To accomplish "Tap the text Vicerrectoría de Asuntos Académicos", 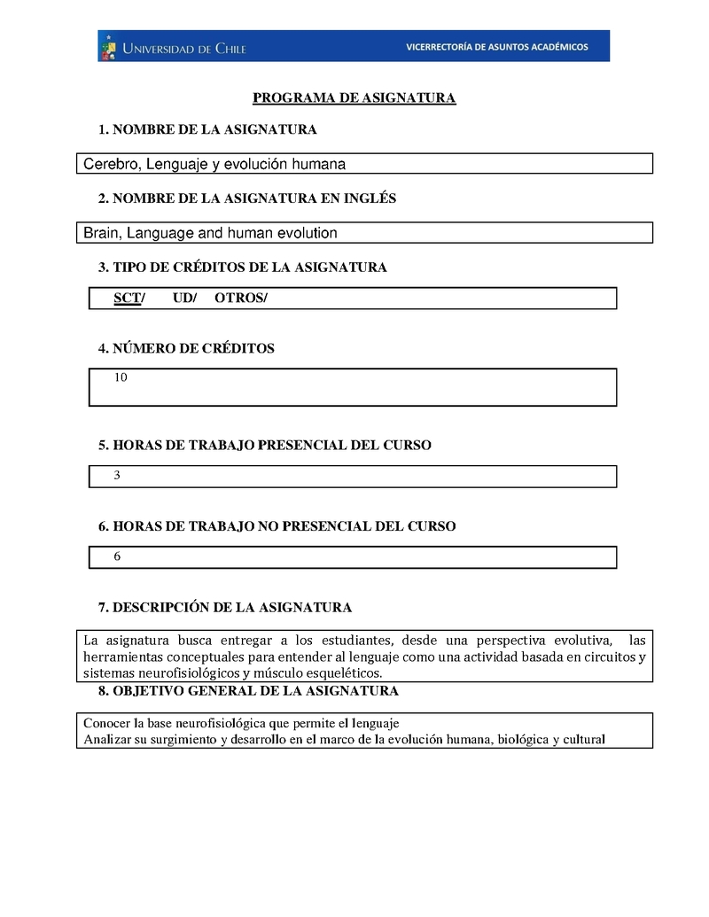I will (x=496, y=47).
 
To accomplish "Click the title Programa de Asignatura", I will (x=354, y=97).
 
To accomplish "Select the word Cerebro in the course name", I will (x=111, y=164).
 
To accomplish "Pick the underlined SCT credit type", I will (x=128, y=299).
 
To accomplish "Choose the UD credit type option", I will (x=184, y=299).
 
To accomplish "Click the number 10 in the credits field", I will (x=121, y=377).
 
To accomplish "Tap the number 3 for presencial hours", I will (x=117, y=476).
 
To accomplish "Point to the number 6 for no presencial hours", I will (x=117, y=556).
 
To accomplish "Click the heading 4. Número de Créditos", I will (x=186, y=348).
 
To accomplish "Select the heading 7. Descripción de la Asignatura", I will (x=225, y=607).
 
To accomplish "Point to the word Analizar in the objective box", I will (x=107, y=739).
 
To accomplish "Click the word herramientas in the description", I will (x=122, y=657).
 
